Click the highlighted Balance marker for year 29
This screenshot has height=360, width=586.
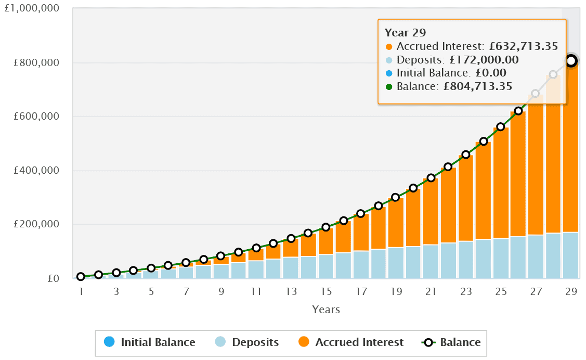[571, 61]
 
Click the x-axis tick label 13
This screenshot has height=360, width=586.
[291, 292]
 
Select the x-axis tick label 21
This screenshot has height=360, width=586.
[431, 292]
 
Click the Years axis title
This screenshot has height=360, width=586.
[326, 310]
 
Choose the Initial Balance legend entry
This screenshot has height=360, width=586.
[150, 342]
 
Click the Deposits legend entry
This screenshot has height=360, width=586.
[247, 342]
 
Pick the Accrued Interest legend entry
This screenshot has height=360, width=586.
[351, 342]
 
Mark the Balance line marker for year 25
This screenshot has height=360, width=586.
[501, 127]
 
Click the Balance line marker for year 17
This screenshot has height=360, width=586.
[361, 213]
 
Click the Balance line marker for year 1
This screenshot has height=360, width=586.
[81, 277]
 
